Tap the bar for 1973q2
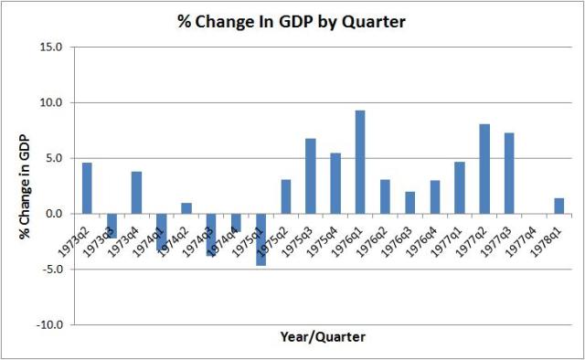87,187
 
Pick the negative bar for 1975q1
261,239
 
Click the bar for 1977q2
484,168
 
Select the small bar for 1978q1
559,206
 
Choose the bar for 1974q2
186,208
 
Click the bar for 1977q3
509,173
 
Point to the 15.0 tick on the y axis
53,48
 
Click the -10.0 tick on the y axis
51,324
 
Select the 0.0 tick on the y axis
56,214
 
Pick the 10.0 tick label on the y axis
53,103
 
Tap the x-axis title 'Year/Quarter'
322,337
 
